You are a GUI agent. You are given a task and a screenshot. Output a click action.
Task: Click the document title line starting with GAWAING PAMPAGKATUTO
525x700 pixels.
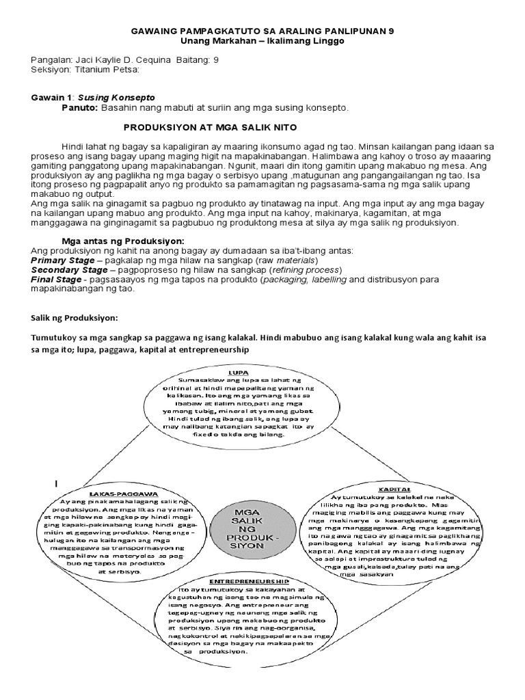tap(262, 31)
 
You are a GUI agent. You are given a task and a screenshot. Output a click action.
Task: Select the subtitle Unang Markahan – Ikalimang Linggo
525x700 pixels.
tap(262, 42)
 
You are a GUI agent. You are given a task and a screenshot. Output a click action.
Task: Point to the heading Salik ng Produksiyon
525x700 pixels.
tap(75, 318)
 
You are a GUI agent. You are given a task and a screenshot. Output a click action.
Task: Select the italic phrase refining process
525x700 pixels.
tap(309, 270)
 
